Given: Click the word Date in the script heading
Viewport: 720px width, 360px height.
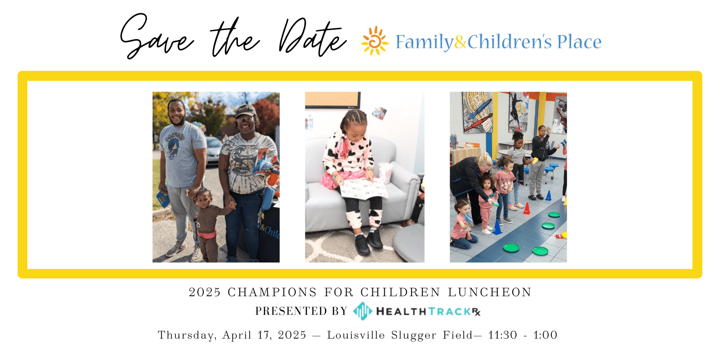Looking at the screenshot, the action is tap(313, 38).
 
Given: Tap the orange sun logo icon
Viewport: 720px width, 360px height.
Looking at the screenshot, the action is tap(375, 41).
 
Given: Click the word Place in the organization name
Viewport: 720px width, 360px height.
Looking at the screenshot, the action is tap(579, 42).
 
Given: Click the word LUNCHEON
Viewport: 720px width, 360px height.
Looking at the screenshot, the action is tap(490, 293).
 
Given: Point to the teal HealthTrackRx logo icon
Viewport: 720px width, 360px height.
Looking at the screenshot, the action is tap(363, 311).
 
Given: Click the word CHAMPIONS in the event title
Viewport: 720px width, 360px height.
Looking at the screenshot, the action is tap(272, 293).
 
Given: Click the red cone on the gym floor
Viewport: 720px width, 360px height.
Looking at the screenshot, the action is tap(526, 208).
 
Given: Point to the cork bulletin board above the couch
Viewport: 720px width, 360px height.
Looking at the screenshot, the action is tap(333, 100).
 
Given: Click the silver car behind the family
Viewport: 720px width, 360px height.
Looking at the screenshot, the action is tap(213, 150).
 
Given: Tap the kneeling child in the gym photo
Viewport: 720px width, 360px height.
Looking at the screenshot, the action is tap(463, 224).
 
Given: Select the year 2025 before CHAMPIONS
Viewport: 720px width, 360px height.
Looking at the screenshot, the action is tap(205, 293).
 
